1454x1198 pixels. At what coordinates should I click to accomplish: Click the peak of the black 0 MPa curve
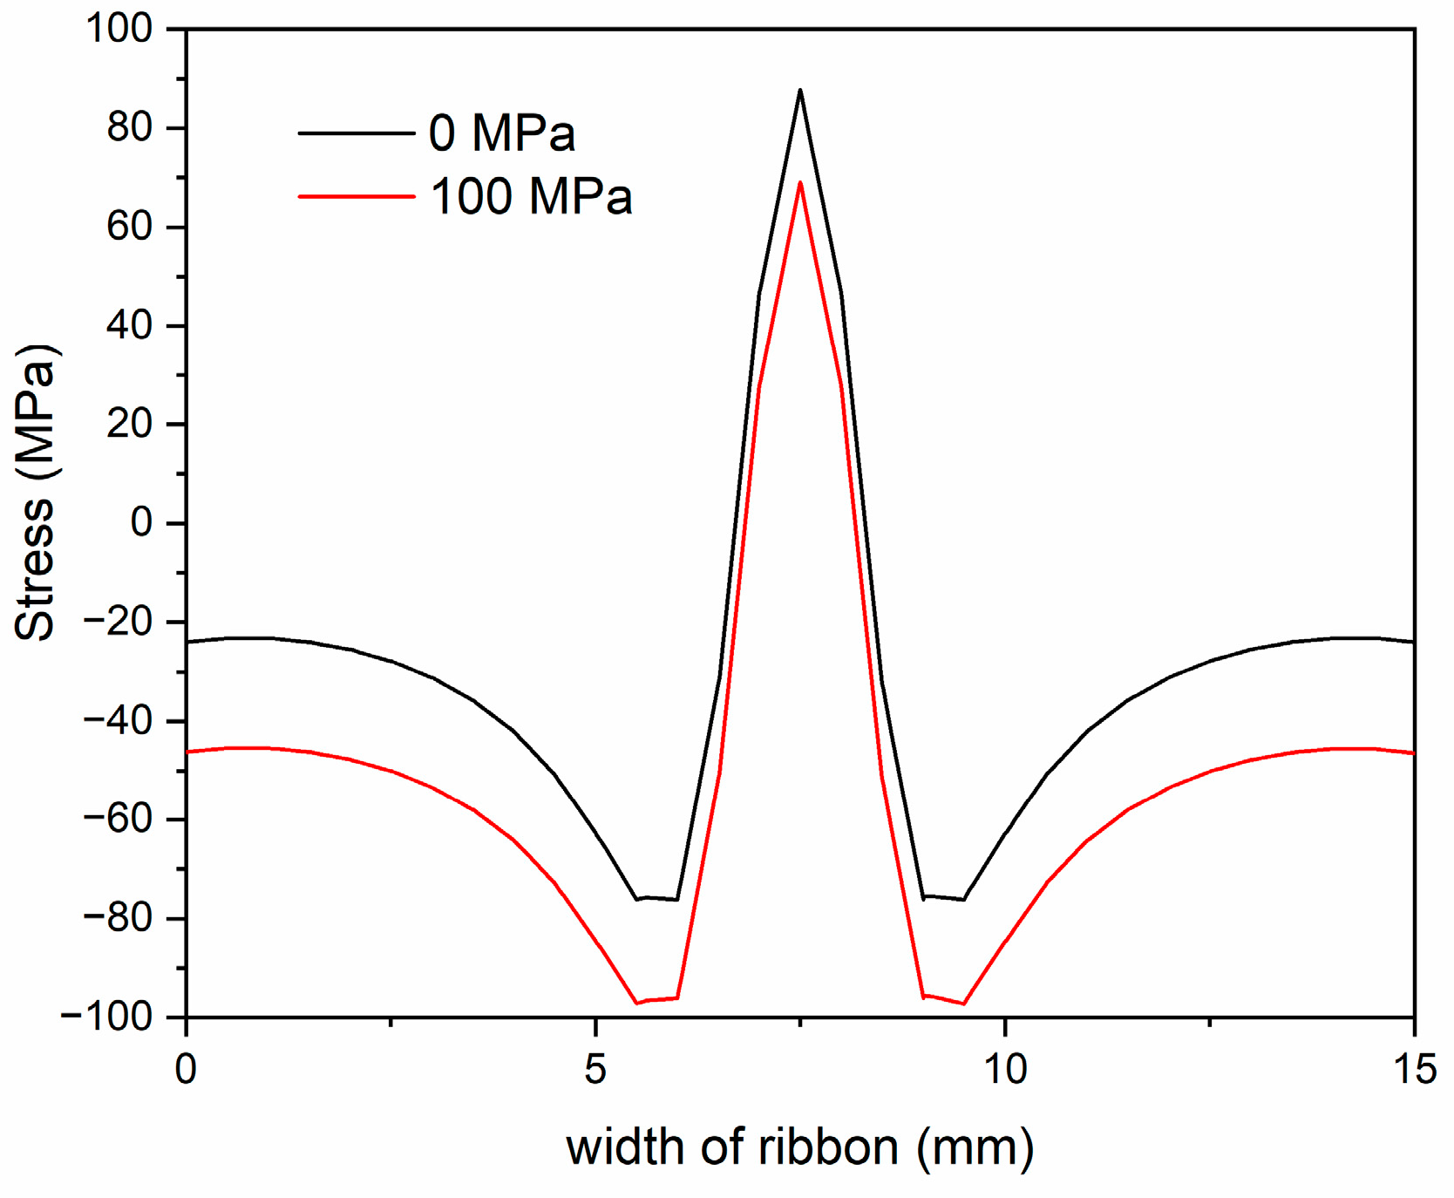tap(799, 91)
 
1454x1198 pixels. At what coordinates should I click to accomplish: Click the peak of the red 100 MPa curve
tap(799, 183)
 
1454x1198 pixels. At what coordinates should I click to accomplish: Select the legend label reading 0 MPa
tap(501, 133)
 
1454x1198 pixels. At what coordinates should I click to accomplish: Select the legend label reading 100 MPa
tap(531, 196)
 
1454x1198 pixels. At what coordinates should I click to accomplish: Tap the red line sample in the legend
tap(356, 197)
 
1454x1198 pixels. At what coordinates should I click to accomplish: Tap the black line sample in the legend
tap(356, 133)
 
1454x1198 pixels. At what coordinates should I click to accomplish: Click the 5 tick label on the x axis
tap(595, 1069)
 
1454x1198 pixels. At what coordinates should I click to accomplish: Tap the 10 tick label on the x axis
tap(1004, 1069)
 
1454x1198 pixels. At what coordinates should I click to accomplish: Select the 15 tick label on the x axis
tap(1412, 1069)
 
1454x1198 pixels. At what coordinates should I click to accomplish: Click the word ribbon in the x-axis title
tap(827, 1147)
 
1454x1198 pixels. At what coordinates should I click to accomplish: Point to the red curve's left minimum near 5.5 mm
tap(637, 1003)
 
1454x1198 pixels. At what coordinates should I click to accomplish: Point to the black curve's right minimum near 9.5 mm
tap(963, 899)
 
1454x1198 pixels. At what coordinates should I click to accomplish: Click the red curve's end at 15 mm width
tap(1412, 752)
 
